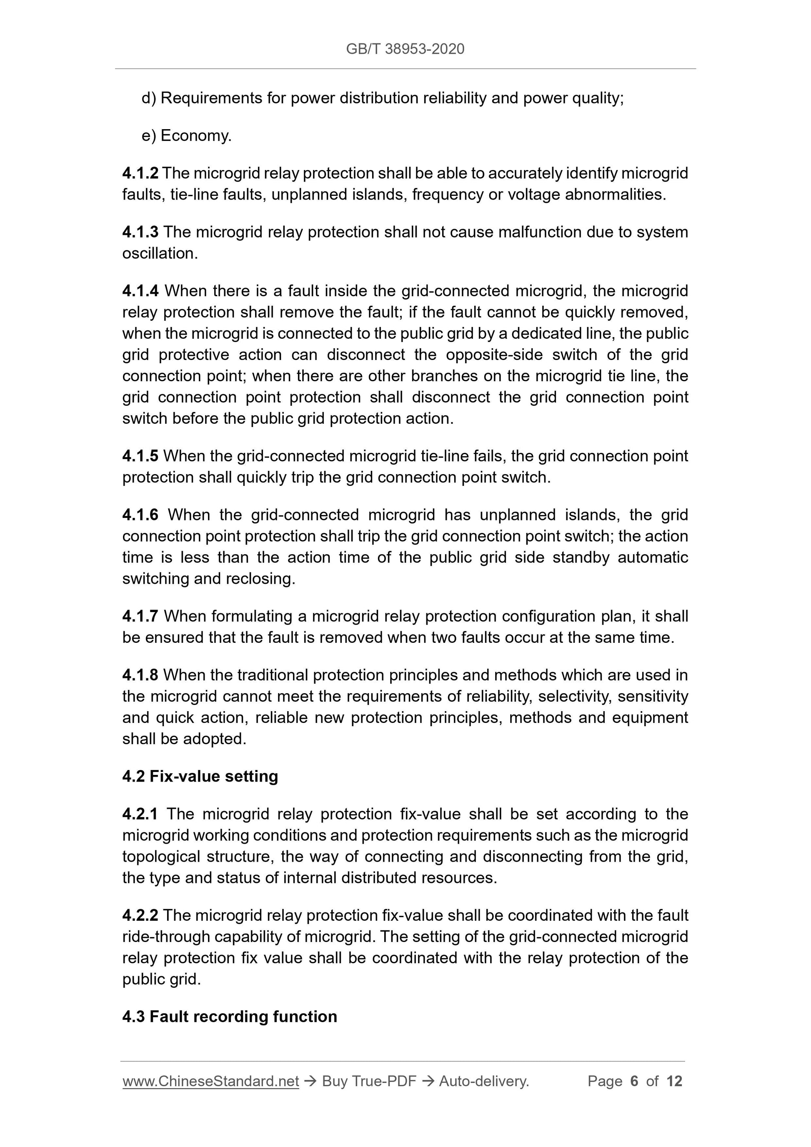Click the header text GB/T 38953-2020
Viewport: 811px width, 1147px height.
pos(405,49)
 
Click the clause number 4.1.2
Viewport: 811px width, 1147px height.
pos(140,173)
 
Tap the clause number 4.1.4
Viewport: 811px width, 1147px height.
pos(140,291)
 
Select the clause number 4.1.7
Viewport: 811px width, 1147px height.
pos(140,616)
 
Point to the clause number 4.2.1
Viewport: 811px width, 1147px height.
pos(140,814)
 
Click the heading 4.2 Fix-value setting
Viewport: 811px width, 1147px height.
pos(200,776)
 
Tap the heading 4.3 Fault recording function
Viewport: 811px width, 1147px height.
pos(229,1017)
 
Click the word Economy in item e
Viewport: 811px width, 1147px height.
pos(195,136)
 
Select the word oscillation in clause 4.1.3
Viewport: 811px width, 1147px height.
pos(159,253)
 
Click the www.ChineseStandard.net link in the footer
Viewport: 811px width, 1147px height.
pos(210,1081)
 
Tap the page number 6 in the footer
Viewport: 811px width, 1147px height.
pos(634,1081)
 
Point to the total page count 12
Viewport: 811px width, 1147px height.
pos(674,1081)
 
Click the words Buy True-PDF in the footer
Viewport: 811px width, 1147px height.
pos(369,1081)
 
